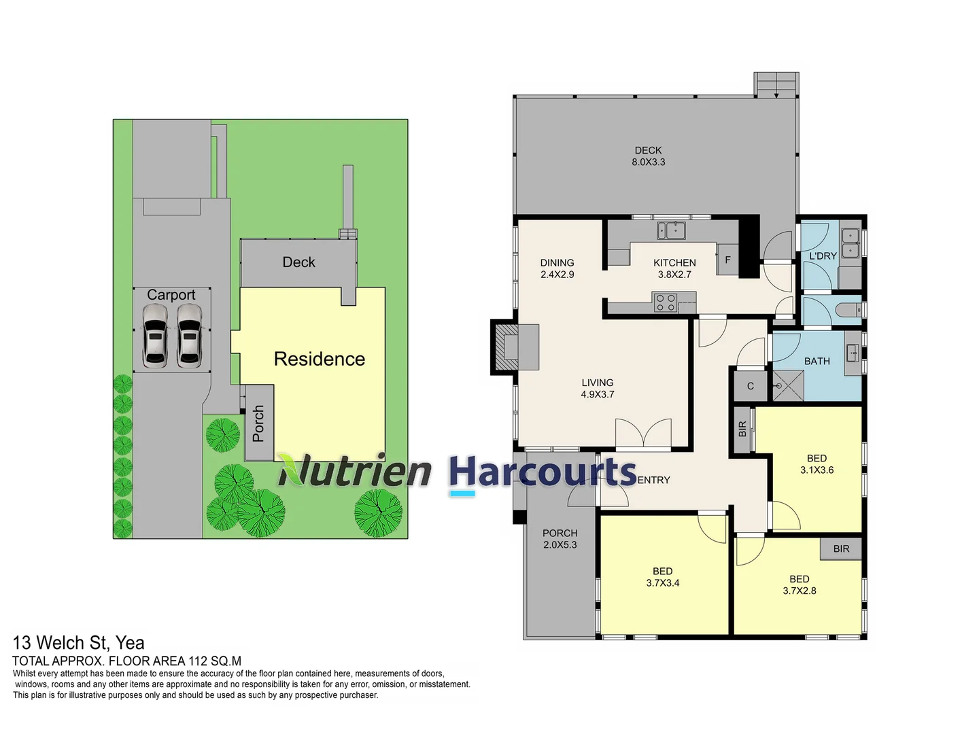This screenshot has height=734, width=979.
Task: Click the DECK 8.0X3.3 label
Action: click(648, 156)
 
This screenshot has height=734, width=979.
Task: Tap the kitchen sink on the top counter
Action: click(671, 230)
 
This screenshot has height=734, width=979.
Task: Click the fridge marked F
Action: click(727, 260)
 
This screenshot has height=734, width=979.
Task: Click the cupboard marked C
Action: click(750, 386)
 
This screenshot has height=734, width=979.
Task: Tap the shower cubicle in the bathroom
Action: click(788, 385)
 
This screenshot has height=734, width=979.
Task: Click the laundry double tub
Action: click(850, 243)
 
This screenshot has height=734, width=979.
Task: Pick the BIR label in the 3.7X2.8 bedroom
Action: click(841, 548)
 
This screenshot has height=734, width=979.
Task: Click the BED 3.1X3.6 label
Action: click(817, 464)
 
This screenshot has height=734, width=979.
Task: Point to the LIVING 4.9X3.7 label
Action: click(597, 388)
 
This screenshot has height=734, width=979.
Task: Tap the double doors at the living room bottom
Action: click(643, 433)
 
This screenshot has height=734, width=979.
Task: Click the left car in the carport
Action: click(155, 336)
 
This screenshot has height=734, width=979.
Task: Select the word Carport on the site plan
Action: click(171, 294)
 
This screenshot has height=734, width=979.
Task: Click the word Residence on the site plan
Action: click(320, 359)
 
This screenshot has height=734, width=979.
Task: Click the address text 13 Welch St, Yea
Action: click(78, 643)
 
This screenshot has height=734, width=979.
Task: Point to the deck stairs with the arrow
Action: click(776, 84)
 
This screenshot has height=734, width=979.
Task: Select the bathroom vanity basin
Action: click(853, 353)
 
